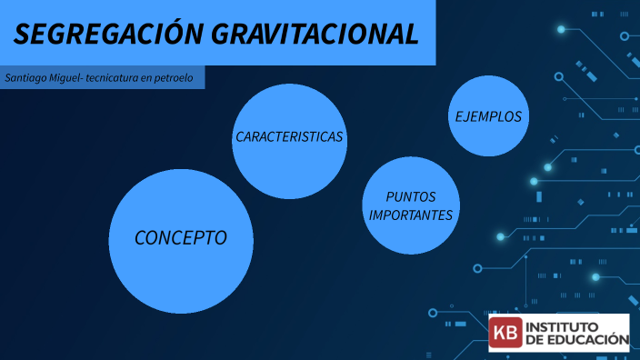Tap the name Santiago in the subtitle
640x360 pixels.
(25, 78)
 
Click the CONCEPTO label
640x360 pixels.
(181, 238)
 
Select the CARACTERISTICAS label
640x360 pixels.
(289, 137)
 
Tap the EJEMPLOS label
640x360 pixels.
(488, 116)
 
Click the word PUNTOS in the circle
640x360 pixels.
(411, 196)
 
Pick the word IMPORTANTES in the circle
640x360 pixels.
(411, 215)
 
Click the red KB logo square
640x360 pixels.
(506, 333)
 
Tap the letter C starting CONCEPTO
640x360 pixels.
(141, 238)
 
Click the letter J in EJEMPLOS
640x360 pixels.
(466, 116)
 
